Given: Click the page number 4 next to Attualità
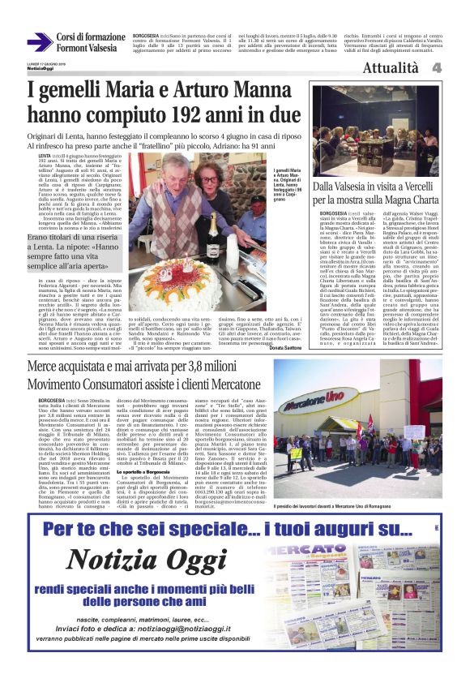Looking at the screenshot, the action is click(458, 68).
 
